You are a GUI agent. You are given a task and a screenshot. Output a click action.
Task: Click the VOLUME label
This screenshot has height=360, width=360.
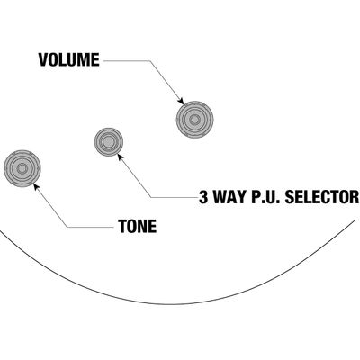click(68, 59)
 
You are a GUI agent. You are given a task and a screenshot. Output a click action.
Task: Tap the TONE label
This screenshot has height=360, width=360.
click(138, 227)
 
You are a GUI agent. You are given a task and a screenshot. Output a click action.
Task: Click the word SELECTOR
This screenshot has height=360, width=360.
click(321, 197)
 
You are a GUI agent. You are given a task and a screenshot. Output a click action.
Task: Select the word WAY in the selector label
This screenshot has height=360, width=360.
click(229, 197)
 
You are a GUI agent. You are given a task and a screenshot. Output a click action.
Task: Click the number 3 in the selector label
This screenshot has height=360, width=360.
click(203, 197)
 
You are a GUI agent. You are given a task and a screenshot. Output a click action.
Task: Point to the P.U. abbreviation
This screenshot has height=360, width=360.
click(265, 197)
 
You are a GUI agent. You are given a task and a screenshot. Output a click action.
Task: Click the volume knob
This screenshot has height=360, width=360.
click(195, 120)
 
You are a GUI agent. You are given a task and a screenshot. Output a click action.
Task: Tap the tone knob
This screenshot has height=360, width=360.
click(22, 168)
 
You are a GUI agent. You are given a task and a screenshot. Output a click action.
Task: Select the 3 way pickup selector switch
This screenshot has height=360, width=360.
click(109, 142)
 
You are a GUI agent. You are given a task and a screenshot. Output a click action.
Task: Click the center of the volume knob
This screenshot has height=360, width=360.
click(195, 120)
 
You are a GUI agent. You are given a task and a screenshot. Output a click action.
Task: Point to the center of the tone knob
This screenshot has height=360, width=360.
click(22, 168)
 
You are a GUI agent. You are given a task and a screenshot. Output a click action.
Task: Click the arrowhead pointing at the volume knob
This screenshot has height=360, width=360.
click(181, 102)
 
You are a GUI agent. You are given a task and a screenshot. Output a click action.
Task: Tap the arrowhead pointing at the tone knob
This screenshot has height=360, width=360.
click(36, 186)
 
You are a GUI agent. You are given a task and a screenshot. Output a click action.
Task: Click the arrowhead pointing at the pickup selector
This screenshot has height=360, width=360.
click(121, 157)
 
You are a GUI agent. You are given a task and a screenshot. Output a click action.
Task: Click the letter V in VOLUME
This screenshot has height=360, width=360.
click(43, 59)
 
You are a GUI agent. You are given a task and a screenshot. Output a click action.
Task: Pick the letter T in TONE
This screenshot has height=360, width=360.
click(123, 227)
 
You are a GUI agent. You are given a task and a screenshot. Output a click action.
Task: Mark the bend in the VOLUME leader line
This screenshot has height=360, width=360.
click(149, 61)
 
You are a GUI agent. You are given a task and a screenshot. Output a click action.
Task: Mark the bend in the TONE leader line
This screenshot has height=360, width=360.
click(67, 227)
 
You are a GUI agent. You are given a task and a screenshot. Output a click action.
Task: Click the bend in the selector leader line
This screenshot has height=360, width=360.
click(151, 197)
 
